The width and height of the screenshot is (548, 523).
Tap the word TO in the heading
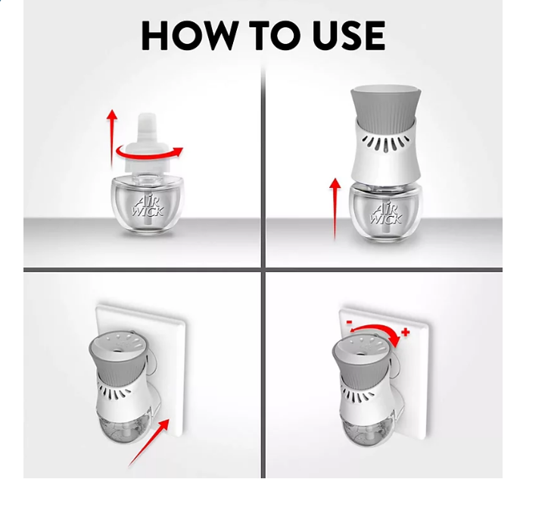pos(275,36)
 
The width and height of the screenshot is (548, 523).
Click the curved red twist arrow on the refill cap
pos(149,153)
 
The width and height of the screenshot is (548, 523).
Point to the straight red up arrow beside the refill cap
pos(112,138)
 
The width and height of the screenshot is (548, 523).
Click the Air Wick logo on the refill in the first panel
pos(148,206)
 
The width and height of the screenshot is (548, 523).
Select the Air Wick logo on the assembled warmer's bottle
pos(386,214)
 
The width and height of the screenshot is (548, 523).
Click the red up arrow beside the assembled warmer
pos(335,209)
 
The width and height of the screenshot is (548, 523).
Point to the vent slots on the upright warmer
pos(385,143)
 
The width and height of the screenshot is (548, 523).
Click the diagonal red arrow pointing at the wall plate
pos(149,443)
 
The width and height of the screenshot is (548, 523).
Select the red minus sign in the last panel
pos(349,321)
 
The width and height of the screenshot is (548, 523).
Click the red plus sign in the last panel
pos(406,332)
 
